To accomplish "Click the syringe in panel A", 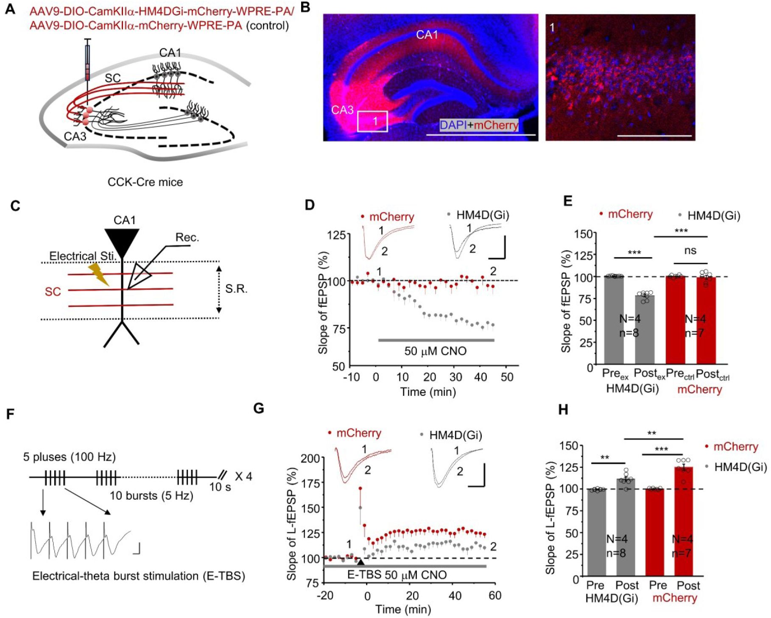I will (x=88, y=64).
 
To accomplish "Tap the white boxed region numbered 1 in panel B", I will (x=373, y=121).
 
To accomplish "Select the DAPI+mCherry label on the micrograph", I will (x=479, y=125).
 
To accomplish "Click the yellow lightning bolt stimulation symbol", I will (x=98, y=274).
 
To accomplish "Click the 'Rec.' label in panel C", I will (x=187, y=237).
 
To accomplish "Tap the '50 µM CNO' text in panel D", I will (x=435, y=351).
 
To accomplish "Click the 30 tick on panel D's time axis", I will (x=456, y=377).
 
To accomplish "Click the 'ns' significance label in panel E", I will (x=690, y=251).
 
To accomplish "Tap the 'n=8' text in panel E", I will (x=629, y=333).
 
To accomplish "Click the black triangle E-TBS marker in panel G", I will (x=360, y=562).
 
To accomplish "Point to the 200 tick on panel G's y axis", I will (x=310, y=459).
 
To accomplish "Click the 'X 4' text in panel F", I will (x=243, y=476).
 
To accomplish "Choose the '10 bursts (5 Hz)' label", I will (x=151, y=496).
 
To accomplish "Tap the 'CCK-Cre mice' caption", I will (x=145, y=182).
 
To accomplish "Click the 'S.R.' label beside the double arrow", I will (x=236, y=289).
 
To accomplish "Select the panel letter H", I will (x=563, y=410).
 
